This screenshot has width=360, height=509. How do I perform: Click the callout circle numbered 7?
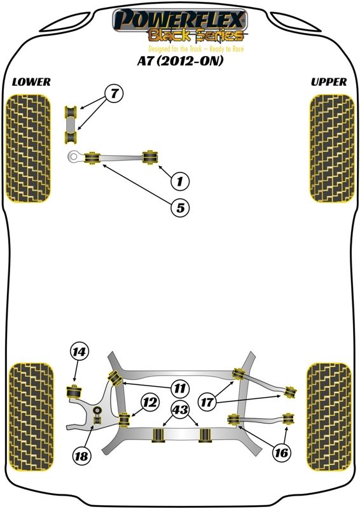pos(114,94)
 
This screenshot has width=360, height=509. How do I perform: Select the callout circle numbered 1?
pos(180,181)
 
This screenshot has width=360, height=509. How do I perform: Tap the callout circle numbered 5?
pos(180,207)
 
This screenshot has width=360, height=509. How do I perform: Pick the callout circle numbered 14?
pos(79,351)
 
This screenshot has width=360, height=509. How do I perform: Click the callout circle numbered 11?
pos(179,388)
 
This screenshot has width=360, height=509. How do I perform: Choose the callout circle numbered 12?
pos(150,403)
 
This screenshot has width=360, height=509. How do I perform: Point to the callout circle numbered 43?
pos(181,410)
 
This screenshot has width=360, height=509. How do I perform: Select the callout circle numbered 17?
pos(207,403)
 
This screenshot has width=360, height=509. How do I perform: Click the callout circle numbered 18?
pos(81,456)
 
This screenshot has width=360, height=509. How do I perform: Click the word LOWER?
pos(31,82)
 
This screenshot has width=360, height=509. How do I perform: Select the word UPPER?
pos(329,82)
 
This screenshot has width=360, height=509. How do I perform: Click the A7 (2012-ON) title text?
pos(180,61)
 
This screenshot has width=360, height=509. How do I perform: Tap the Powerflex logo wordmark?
pos(180,20)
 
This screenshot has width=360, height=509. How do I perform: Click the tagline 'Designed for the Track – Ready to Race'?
pos(196,49)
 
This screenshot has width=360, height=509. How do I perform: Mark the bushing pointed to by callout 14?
pos(74,392)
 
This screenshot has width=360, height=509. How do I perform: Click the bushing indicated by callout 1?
pos(150,157)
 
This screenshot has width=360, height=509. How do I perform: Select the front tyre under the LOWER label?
pos(29,148)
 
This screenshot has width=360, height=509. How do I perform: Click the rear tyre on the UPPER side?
pos(329,417)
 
